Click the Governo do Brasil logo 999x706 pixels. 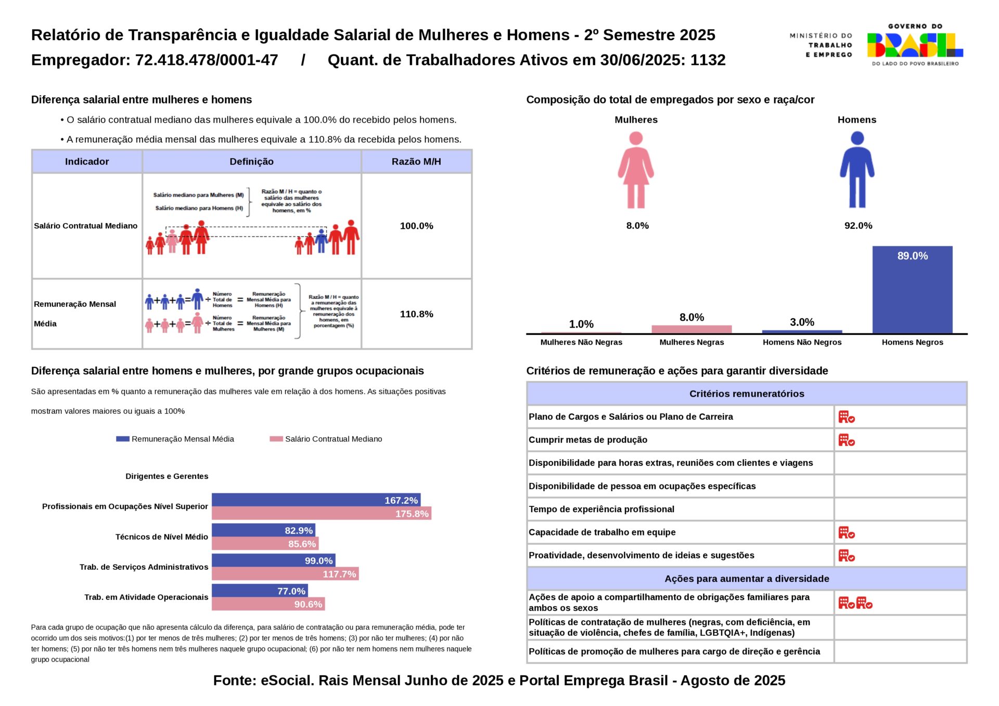pos(915,45)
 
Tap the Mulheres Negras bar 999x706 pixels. pos(691,329)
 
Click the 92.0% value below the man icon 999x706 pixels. pos(858,226)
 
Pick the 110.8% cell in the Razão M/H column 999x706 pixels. pos(416,314)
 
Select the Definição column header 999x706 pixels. pos(251,162)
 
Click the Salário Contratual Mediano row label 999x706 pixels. pos(86,226)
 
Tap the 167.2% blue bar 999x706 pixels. pos(316,500)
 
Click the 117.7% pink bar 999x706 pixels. pos(285,574)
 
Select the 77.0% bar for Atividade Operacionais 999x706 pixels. pos(260,591)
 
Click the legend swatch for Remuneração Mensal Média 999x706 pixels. pos(123,439)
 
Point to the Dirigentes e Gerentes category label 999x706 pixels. pos(166,476)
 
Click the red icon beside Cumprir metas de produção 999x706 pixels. pos(847,440)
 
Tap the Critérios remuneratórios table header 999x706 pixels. pos(747,394)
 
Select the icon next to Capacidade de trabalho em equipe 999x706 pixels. pos(847,532)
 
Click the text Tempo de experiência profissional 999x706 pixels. pos(601,509)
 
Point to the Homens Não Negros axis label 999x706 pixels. pos(802,342)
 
